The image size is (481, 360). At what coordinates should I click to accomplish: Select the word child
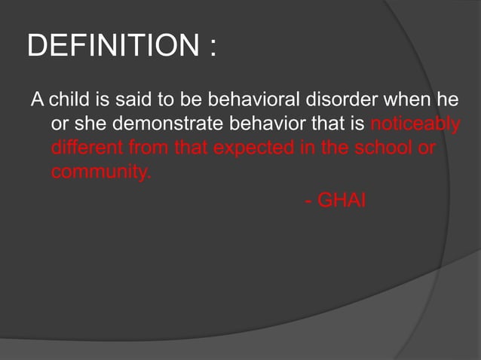click(x=69, y=99)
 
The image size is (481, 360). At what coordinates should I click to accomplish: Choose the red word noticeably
click(x=415, y=124)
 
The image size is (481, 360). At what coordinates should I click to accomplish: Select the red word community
click(x=100, y=172)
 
